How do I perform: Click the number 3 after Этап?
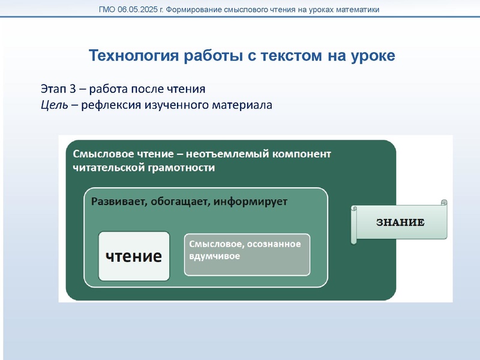point(73,89)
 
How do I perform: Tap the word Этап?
point(53,89)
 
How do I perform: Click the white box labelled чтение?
point(134,256)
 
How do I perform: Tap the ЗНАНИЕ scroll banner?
point(400,223)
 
